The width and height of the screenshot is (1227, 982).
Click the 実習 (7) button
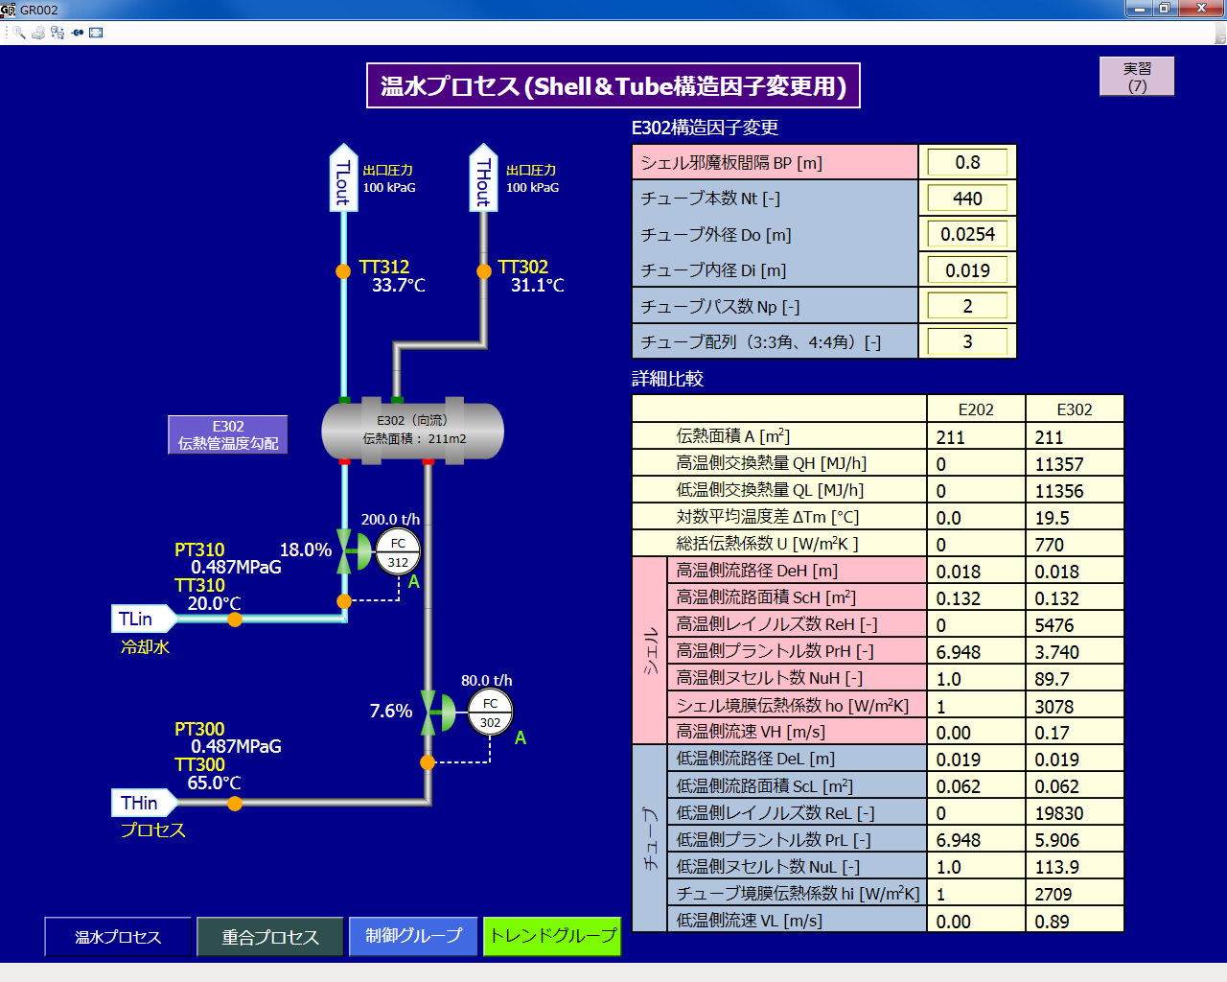tap(1136, 77)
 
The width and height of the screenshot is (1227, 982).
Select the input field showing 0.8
tap(967, 163)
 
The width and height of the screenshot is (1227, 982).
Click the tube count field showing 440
tap(967, 199)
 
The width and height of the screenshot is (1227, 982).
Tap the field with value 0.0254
tap(967, 234)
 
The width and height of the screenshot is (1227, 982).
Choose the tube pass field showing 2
tap(967, 306)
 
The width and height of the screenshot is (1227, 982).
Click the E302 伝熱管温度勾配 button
tap(228, 434)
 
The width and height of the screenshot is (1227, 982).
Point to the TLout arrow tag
tap(343, 178)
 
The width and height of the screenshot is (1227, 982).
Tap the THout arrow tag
tap(483, 178)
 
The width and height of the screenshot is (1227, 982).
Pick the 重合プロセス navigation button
tap(270, 937)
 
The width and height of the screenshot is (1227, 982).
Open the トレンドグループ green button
tap(552, 936)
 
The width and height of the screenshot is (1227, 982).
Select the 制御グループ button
tap(414, 936)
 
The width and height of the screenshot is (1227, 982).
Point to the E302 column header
tap(1074, 409)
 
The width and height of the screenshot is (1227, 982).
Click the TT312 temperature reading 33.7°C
tap(399, 286)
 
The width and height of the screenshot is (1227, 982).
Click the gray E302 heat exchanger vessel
tap(412, 430)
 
